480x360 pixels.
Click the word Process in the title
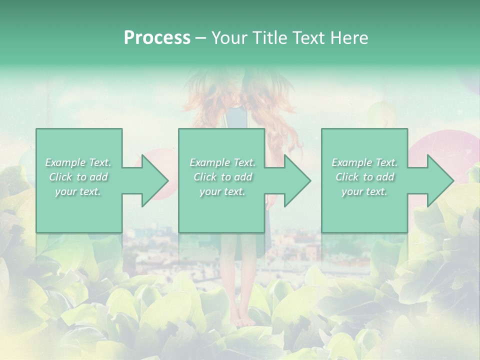pos(157,38)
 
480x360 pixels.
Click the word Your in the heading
pos(228,38)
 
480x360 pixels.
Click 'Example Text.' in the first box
pos(78,162)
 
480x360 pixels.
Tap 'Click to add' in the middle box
pos(222,177)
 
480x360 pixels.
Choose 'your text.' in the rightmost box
pos(364,191)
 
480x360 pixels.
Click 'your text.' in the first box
pos(78,191)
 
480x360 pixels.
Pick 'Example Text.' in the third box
pos(364,162)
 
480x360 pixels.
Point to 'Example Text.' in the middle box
pos(222,162)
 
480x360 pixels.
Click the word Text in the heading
pos(306,38)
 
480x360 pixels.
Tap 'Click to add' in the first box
pos(78,177)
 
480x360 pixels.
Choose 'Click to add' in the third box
pos(364,177)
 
